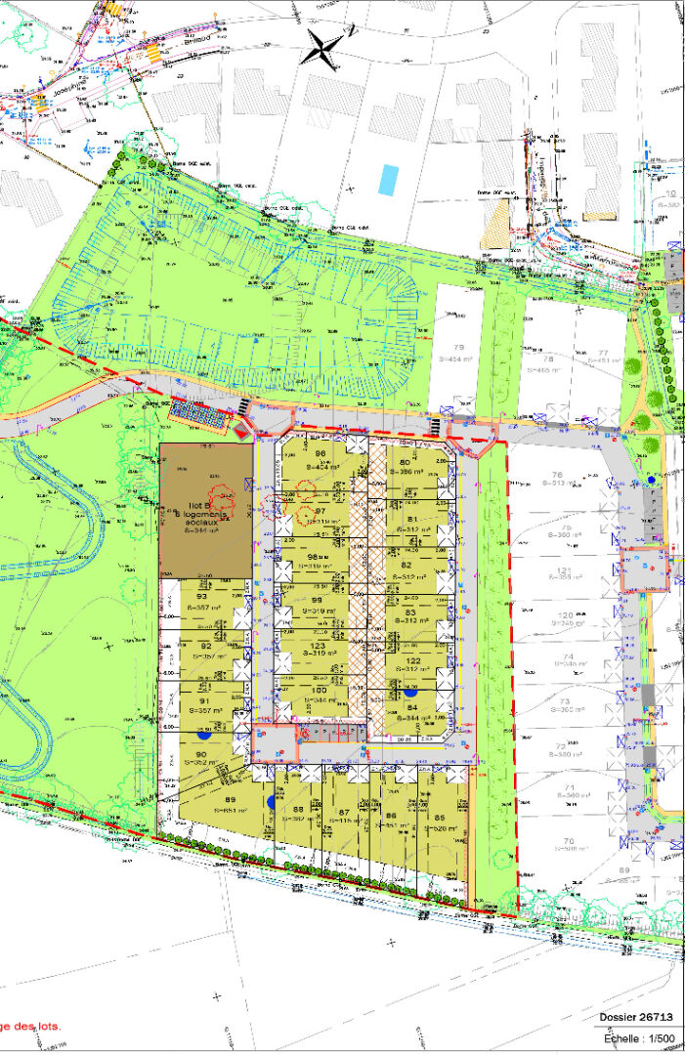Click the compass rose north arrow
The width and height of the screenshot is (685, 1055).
(324, 45)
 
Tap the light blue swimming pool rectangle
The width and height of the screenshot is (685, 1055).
(388, 179)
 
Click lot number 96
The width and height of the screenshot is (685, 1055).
(320, 454)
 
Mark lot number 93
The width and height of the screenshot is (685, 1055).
(202, 597)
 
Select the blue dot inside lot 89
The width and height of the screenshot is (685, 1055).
(270, 801)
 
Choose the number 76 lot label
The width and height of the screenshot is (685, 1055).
(560, 473)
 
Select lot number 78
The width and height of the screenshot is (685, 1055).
(548, 359)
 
